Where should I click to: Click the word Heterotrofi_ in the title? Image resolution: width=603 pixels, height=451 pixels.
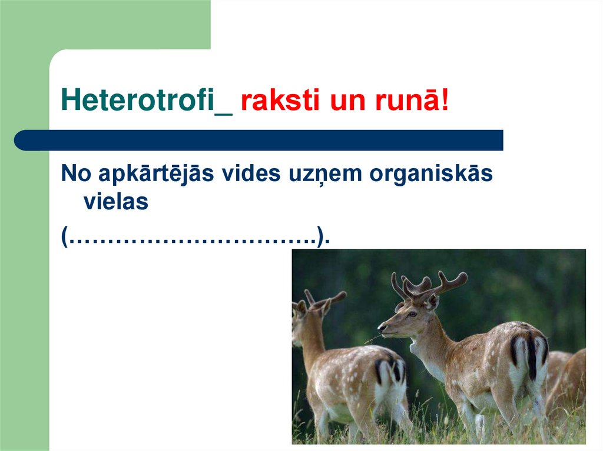[x=147, y=101]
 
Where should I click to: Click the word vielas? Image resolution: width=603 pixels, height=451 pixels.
[x=115, y=202]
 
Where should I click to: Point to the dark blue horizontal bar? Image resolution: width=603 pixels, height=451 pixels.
[x=259, y=140]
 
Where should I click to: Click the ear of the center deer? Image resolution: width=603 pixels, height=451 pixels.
[x=433, y=301]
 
